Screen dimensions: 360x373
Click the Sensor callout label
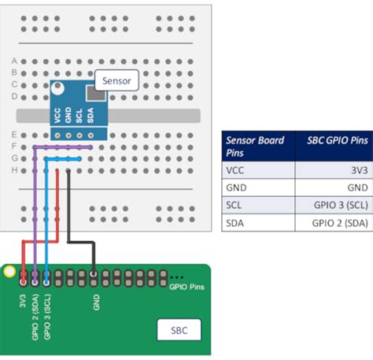tap(116, 80)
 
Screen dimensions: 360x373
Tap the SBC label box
tap(179, 330)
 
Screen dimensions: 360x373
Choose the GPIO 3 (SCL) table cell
tap(340, 205)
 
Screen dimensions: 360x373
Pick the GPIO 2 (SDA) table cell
tap(340, 222)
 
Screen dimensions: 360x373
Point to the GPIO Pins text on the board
tap(186, 288)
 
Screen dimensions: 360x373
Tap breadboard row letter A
tap(14, 61)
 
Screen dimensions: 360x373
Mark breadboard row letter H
tap(14, 169)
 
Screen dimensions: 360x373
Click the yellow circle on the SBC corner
tap(9, 273)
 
